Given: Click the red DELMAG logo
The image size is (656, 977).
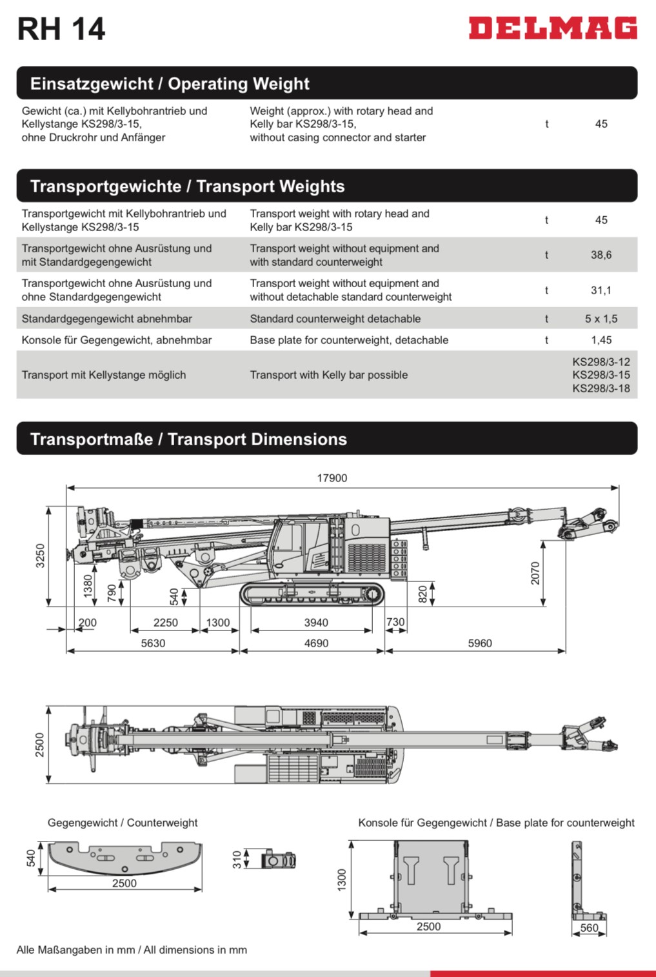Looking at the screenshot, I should pos(553,28).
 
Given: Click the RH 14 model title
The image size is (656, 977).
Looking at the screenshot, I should pos(61,29).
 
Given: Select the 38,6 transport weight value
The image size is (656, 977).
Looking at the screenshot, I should pos(601,255).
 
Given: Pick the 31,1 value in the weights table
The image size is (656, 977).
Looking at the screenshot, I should pos(601,290).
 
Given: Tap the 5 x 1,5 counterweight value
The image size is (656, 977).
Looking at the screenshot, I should pos(601,319).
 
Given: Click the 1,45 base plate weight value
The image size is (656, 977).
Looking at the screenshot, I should pos(601,340).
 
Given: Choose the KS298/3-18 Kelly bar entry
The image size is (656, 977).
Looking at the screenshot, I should pos(601,388).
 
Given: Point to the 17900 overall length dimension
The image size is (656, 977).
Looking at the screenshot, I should pos(332,478).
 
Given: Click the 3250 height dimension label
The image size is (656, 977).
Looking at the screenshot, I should pos(40,556).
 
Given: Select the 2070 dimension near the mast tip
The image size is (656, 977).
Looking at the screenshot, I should pos(535,573).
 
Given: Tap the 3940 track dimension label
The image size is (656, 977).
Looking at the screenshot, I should pos(316,623).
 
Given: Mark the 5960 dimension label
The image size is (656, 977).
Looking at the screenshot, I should pos(479,643).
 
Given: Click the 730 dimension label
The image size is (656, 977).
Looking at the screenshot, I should pos(395,623).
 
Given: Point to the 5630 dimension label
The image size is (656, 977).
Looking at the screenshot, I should pos(153,643).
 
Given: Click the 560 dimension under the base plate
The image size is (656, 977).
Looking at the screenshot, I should pos(589,928).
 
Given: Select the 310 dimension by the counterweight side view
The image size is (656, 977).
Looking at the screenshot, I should pos(237,860).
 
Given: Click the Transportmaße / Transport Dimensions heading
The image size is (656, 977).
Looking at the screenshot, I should pos(188,439).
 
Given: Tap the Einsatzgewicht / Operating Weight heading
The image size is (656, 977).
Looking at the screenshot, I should pos(170,84).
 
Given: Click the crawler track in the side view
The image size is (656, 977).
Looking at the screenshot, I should pos(312,594).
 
